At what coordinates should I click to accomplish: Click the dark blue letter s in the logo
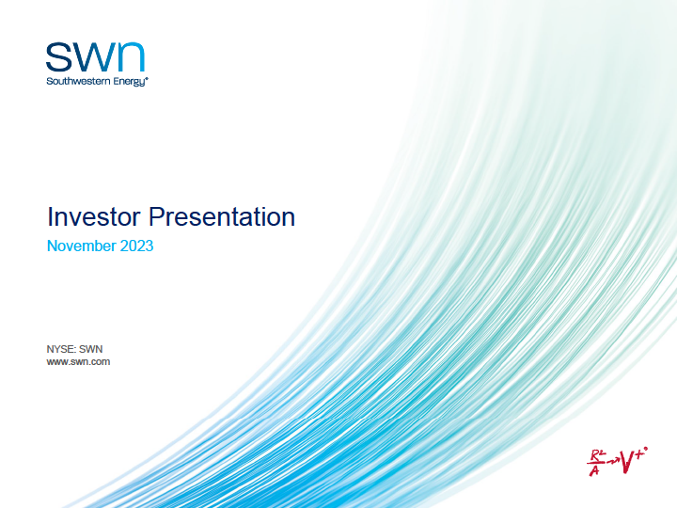coord(58,56)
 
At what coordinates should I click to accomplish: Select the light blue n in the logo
coord(131,56)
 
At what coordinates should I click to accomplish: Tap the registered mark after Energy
coord(147,79)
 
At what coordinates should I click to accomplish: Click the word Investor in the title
coord(94,216)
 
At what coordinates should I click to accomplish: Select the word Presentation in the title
coord(222,216)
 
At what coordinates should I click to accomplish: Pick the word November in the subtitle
coord(81,246)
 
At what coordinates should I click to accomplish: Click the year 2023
coord(136,246)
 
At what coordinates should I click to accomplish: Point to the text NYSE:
coord(61,349)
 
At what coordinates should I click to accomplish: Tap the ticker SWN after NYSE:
coord(90,349)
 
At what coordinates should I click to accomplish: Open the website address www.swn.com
coord(78,361)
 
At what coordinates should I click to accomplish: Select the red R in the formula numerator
coord(595,455)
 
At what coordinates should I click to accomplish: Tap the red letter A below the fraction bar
coord(594,470)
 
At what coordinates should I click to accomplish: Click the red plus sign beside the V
coord(639,453)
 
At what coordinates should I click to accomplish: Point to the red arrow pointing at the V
coord(612,461)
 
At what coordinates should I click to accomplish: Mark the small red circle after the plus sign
coord(646,449)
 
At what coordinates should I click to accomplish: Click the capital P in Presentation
coord(156,216)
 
